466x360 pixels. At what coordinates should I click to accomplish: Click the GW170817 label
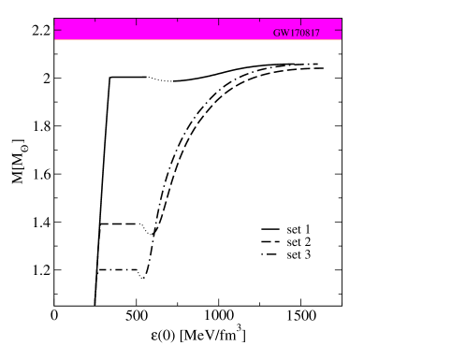[297, 32]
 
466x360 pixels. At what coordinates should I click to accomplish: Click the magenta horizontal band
[168, 29]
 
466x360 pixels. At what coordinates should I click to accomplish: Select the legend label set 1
[299, 228]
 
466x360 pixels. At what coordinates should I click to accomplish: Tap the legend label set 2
[299, 241]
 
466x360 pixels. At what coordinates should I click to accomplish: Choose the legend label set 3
[299, 254]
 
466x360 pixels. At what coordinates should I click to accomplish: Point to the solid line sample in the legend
[270, 229]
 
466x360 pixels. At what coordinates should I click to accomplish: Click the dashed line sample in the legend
[270, 242]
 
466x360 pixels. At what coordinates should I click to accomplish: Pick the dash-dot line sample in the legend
[270, 255]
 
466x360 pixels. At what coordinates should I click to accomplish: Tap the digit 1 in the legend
[308, 228]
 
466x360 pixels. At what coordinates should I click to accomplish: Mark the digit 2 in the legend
[308, 241]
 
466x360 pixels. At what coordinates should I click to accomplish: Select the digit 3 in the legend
[308, 254]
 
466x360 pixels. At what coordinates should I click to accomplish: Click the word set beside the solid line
[294, 228]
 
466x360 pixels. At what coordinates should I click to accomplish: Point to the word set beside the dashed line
[294, 241]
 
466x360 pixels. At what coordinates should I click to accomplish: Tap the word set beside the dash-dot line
[294, 254]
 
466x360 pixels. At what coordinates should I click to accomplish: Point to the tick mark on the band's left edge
[57, 29]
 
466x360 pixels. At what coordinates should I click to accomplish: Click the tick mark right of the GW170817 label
[338, 29]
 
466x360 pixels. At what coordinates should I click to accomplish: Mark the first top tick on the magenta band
[95, 21]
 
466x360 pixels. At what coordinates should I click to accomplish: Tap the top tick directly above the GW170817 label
[300, 21]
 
